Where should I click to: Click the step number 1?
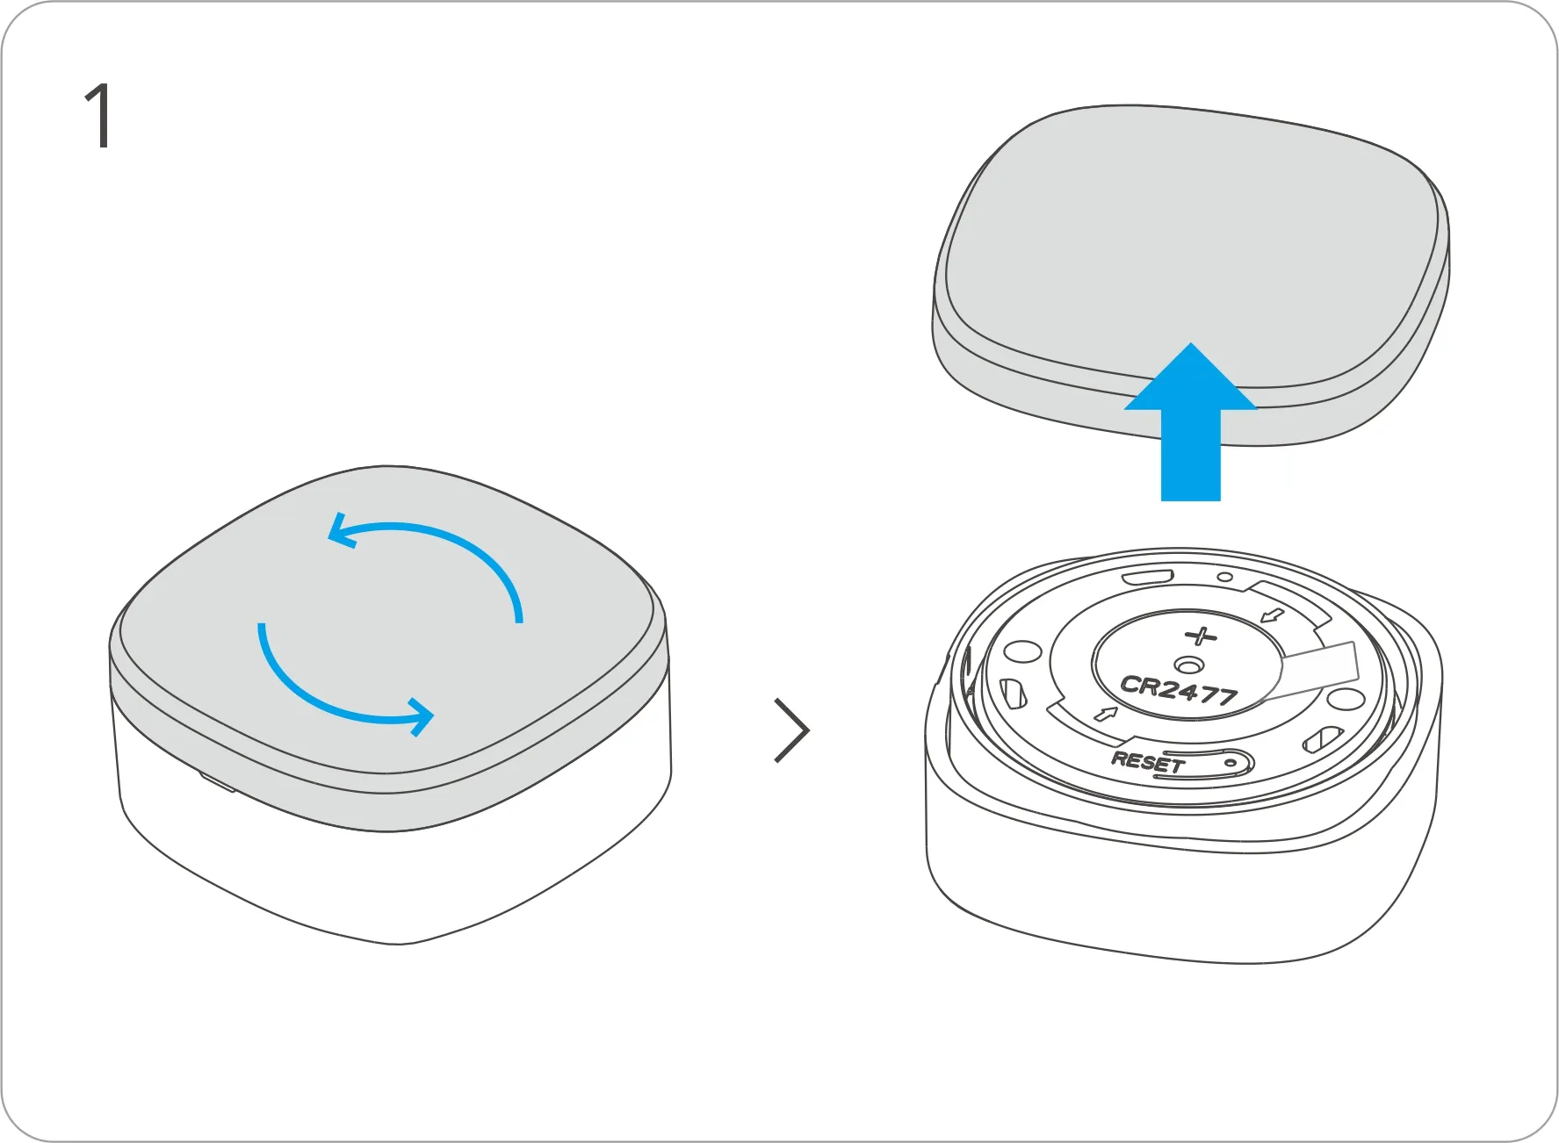[x=99, y=116]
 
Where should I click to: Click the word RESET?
[x=1147, y=761]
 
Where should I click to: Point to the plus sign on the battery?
[x=1201, y=636]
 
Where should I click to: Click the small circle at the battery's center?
[x=1188, y=665]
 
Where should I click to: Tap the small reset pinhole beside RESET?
[x=1231, y=763]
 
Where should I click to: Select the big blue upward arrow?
[x=1190, y=421]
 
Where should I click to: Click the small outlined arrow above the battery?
[x=1272, y=615]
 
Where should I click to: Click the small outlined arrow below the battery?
[x=1106, y=713]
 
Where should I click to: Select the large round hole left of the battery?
[x=1022, y=652]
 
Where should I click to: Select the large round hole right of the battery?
[x=1345, y=700]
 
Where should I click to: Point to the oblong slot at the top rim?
[x=1148, y=577]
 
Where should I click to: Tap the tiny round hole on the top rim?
[x=1224, y=578]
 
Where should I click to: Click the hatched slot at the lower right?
[x=1322, y=739]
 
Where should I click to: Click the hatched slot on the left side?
[x=1013, y=694]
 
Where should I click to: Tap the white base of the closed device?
[x=395, y=878]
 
